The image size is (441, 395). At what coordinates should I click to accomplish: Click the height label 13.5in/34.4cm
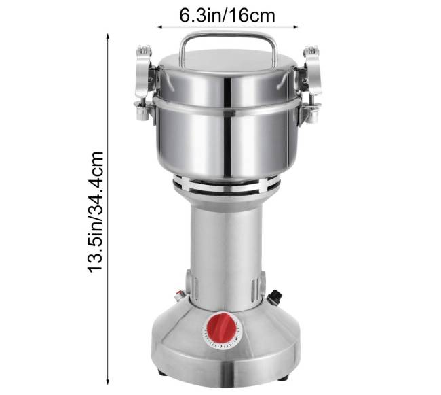coord(96,211)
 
